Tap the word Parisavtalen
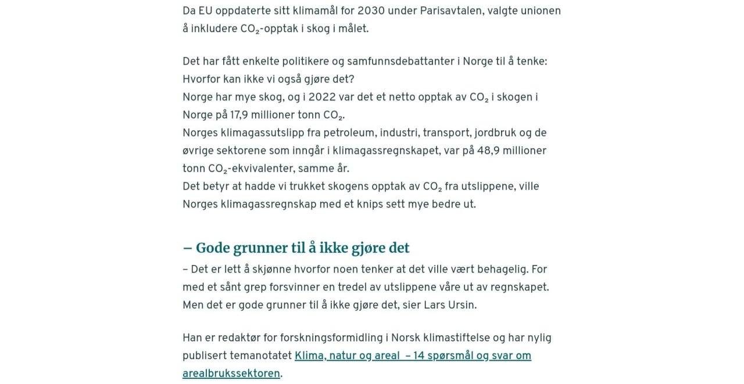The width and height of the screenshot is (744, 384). [x=448, y=11]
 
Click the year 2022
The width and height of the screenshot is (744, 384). [x=322, y=98]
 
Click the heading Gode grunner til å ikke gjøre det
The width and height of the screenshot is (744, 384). [x=296, y=248]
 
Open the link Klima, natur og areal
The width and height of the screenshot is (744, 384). [x=347, y=356]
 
